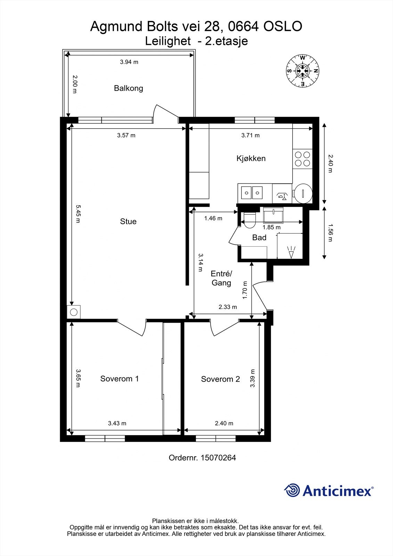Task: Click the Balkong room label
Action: tap(128, 88)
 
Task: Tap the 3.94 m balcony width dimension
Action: tap(129, 62)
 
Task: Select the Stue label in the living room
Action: tap(128, 221)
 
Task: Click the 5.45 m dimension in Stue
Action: tap(78, 214)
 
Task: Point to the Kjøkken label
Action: tap(251, 158)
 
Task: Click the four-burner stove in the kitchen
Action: tap(302, 158)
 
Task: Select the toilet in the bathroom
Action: tap(249, 220)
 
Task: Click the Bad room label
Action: tap(259, 238)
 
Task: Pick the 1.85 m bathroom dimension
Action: tap(271, 228)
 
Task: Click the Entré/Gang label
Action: tap(221, 278)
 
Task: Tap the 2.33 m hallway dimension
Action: tap(228, 307)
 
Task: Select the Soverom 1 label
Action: tap(120, 379)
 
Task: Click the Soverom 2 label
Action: tap(220, 379)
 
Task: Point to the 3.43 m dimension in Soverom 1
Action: tap(117, 423)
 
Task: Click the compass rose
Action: tap(303, 71)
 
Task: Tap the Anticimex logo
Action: tap(329, 491)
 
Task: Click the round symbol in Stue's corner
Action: tap(73, 312)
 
